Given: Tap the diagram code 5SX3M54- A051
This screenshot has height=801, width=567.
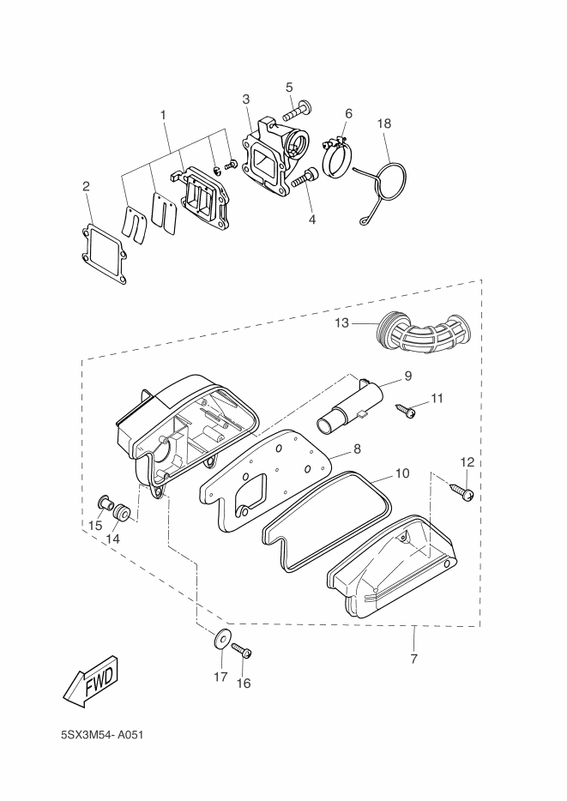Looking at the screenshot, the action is pyautogui.click(x=102, y=735).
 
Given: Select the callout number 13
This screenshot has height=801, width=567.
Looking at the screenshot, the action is pyautogui.click(x=341, y=322).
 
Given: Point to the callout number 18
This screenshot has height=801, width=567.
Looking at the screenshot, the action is pyautogui.click(x=384, y=123).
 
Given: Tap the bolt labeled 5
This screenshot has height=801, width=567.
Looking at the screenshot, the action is pyautogui.click(x=298, y=109).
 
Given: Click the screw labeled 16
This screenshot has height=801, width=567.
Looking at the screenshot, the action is pyautogui.click(x=242, y=650).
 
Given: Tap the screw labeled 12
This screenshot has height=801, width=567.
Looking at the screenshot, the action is pyautogui.click(x=461, y=491).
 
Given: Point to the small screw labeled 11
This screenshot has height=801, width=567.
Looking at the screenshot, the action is pyautogui.click(x=406, y=410).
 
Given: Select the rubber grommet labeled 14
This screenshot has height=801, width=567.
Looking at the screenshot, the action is pyautogui.click(x=122, y=512).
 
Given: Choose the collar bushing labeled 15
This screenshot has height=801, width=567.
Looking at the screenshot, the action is pyautogui.click(x=104, y=503).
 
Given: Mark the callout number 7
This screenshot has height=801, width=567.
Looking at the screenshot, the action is pyautogui.click(x=413, y=659).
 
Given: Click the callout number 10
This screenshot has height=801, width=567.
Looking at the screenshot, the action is pyautogui.click(x=402, y=473).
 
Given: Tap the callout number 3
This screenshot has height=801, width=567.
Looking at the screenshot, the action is pyautogui.click(x=246, y=99).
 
